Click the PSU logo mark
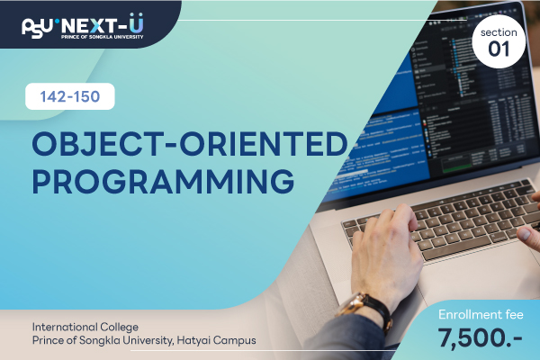38,27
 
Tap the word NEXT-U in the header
103,24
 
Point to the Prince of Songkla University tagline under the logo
103,37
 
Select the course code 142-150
70,96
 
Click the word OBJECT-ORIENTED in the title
190,143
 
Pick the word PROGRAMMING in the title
163,181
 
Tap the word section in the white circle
499,32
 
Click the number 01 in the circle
499,49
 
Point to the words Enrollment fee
481,314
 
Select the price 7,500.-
480,338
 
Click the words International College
85,327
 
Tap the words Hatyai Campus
216,340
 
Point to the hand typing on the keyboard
386,251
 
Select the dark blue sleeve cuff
347,339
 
